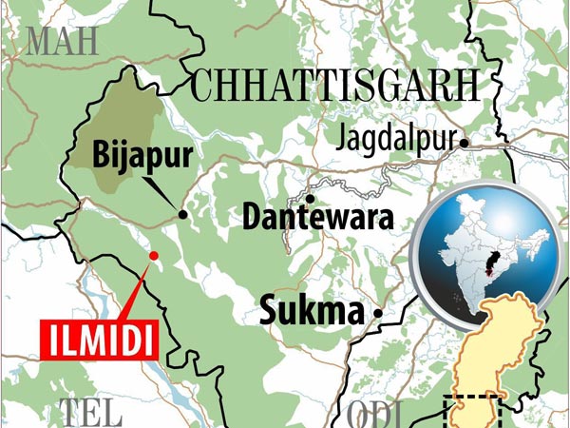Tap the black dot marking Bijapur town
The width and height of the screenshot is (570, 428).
tap(182, 217)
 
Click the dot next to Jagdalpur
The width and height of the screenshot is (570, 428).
tap(465, 143)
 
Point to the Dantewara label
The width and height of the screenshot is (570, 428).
tap(317, 218)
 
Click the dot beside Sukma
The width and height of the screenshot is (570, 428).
tap(378, 313)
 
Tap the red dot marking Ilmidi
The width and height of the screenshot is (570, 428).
tap(154, 256)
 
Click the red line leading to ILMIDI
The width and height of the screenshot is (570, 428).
tap(136, 289)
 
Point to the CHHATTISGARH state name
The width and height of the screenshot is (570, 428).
tap(332, 86)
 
